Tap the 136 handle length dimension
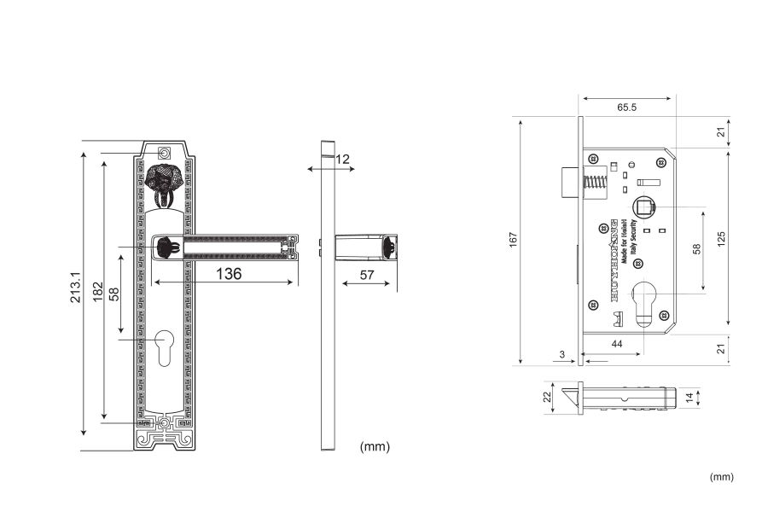point(227,274)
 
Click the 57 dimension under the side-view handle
point(367,275)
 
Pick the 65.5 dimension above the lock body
point(627,108)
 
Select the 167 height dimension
point(513,241)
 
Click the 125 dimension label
point(721,240)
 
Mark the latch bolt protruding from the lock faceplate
point(569,182)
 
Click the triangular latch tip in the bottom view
point(566,398)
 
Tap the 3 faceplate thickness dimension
point(562,352)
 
